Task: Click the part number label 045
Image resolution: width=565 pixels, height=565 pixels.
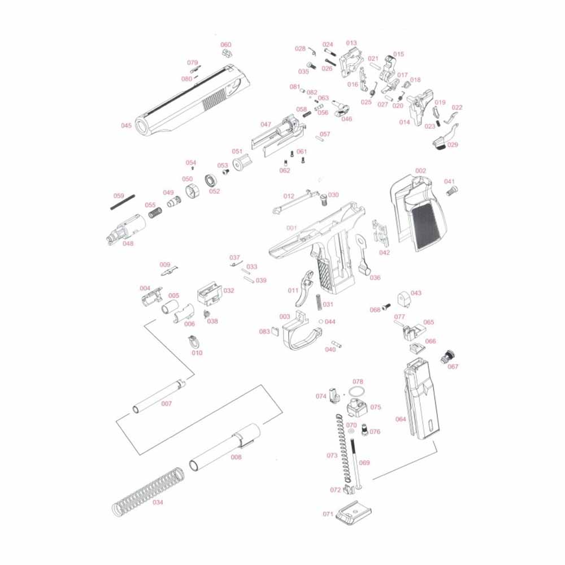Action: [126, 125]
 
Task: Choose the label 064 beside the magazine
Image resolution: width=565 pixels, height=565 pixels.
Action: [401, 419]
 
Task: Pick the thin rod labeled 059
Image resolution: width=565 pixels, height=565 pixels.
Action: [123, 202]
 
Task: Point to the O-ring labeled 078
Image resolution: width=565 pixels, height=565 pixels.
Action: [355, 392]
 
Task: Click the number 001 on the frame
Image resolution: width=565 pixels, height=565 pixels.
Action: [292, 228]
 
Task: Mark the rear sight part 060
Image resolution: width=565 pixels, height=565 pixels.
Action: [227, 53]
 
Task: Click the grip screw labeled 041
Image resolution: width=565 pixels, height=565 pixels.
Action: [451, 191]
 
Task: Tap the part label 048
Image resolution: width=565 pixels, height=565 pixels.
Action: [128, 244]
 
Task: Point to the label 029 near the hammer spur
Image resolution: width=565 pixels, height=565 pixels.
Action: [452, 145]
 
